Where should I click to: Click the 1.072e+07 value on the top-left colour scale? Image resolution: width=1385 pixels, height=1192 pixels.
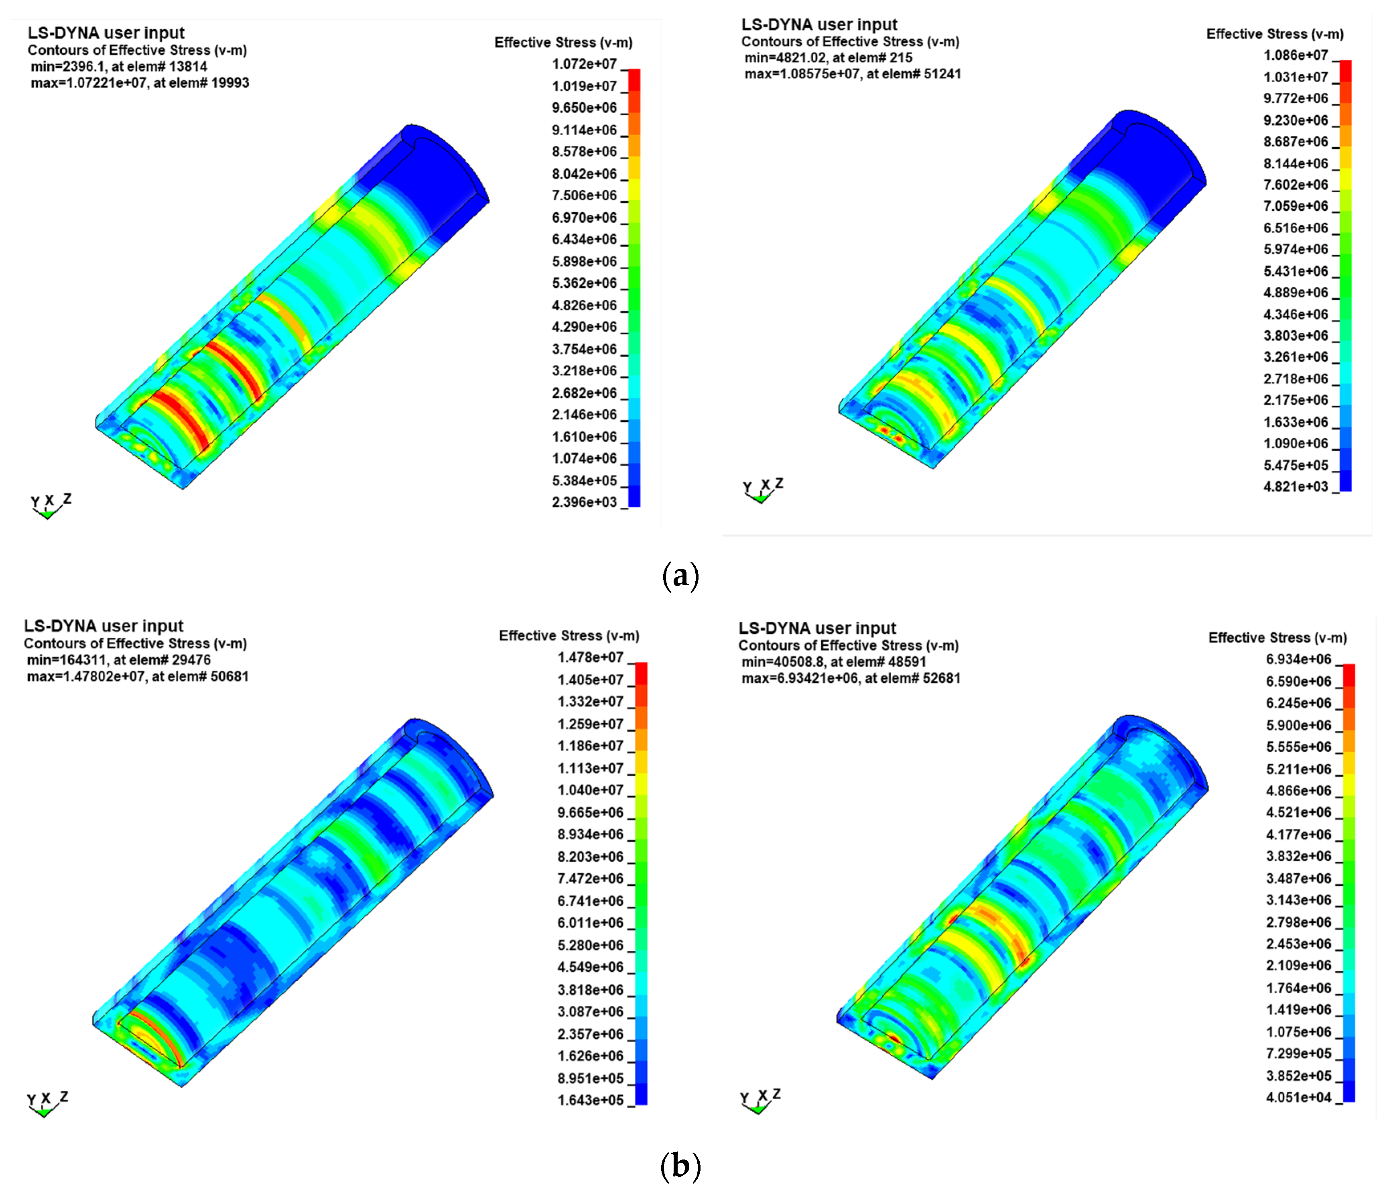[584, 64]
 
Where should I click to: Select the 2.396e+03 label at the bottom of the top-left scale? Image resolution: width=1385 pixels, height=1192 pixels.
[584, 502]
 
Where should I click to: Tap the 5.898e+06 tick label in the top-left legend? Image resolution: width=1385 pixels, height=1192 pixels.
[584, 261]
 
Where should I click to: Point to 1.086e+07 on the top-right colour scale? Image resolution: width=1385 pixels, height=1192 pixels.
[1296, 55]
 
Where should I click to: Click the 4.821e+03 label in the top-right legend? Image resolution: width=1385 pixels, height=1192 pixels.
[1296, 487]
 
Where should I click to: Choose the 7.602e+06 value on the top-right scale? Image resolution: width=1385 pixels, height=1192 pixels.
[1296, 185]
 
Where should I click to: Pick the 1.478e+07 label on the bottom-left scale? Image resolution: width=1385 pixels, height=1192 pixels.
[590, 658]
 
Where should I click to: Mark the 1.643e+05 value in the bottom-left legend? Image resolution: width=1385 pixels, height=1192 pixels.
[590, 1100]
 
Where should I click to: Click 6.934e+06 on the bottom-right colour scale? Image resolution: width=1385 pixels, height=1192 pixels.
[1298, 660]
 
